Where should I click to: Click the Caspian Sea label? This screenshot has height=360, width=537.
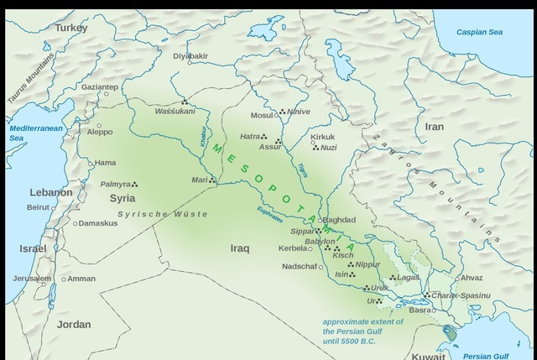[x=479, y=32]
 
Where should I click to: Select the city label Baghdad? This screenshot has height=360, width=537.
[x=339, y=220]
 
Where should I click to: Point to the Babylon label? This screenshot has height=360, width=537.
[x=320, y=242]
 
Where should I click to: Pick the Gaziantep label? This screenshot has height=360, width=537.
[x=100, y=86]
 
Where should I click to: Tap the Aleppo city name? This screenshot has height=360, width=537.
[x=99, y=132]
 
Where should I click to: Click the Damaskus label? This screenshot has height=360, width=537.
[x=98, y=223]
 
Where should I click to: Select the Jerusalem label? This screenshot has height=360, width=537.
[x=32, y=279]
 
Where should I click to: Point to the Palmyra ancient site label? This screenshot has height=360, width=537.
[x=116, y=184]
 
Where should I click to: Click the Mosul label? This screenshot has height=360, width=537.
[x=262, y=116]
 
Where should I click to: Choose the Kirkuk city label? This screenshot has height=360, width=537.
[x=322, y=137]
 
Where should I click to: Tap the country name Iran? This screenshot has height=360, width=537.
[x=434, y=127]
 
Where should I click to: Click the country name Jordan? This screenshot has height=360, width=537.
[x=74, y=324]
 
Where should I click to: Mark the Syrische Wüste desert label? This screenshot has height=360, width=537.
[x=162, y=215]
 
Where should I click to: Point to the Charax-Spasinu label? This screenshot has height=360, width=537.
[x=461, y=295]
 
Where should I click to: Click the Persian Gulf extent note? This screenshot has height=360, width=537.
[x=362, y=331]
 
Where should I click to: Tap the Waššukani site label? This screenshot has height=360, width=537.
[x=175, y=111]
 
